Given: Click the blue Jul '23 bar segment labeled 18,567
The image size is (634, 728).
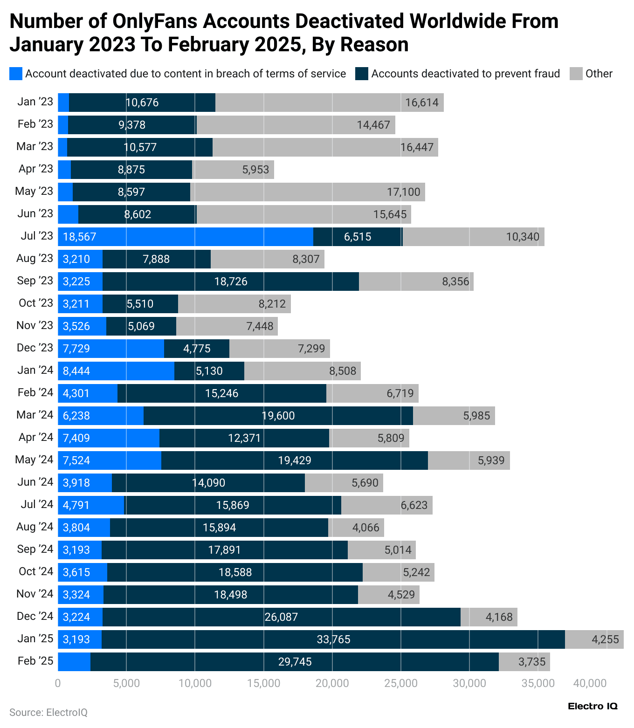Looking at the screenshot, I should tap(186, 237).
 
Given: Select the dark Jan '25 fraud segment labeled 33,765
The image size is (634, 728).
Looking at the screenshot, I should tap(333, 639).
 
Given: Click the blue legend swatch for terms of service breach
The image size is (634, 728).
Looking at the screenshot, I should tap(16, 74).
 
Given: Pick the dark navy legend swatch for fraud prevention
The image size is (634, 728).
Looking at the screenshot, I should tap(362, 74).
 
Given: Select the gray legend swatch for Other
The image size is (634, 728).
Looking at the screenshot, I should tap(576, 74).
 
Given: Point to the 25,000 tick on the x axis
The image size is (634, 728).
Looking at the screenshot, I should tap(401, 683).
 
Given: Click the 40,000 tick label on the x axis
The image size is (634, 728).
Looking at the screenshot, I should tap(590, 683).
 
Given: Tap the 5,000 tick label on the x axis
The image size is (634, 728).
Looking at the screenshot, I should tap(126, 683).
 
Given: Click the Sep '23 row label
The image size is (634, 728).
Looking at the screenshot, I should tap(35, 281).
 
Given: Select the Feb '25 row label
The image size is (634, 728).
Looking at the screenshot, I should tap(35, 661).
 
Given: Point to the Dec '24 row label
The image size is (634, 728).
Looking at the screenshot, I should tap(35, 616).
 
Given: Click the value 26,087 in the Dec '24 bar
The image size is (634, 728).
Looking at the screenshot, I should tap(281, 617).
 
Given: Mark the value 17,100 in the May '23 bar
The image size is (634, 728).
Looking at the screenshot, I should tap(403, 192).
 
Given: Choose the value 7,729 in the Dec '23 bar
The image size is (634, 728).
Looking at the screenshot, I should tap(76, 349).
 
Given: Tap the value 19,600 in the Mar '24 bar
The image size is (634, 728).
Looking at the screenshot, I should tap(278, 416).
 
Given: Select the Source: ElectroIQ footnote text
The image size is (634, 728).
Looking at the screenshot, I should tap(48, 712).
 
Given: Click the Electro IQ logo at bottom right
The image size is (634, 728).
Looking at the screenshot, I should tap(593, 706).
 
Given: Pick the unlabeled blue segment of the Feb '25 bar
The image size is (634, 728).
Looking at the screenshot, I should tap(74, 662).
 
